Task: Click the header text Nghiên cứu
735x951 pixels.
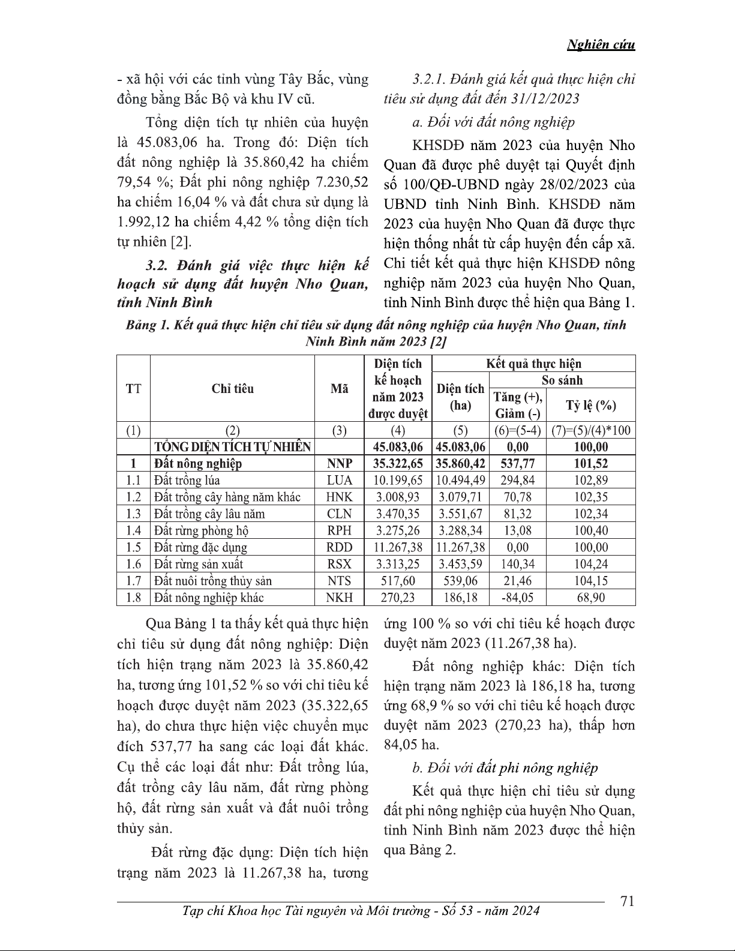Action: coord(601,45)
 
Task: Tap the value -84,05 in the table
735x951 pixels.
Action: coord(517,598)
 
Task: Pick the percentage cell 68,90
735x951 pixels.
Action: coord(590,598)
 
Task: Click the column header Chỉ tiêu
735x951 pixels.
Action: coord(232,389)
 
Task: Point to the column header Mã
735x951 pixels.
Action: coord(339,389)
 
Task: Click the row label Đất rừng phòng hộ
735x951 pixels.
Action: coord(202,530)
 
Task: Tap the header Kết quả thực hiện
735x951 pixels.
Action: coord(533,364)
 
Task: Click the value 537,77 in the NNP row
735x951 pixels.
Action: coord(517,463)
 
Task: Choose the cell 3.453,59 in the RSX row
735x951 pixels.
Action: coord(460,564)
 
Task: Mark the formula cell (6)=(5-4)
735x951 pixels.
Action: coord(517,431)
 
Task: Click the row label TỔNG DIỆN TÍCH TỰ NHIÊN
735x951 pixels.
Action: coord(233,447)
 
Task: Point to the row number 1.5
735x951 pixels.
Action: coord(133,547)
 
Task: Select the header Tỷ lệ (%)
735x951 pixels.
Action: coord(590,406)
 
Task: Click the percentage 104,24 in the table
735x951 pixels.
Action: coord(590,564)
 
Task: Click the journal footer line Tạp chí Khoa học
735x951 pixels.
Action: coord(360,911)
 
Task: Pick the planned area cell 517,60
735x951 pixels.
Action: coord(397,581)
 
